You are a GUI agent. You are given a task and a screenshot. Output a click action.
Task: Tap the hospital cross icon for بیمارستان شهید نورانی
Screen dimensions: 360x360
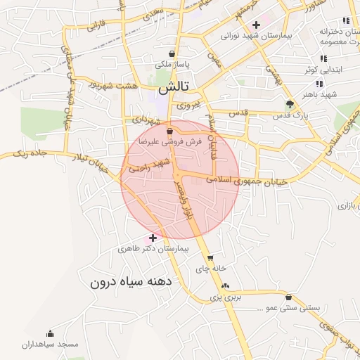[256, 25]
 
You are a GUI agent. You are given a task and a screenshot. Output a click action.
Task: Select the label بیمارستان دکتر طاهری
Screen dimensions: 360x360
[154, 250]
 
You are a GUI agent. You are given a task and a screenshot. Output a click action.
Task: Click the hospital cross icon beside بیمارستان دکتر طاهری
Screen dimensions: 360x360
[153, 238]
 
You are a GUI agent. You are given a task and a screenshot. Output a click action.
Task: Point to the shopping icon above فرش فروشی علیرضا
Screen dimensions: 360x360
[169, 131]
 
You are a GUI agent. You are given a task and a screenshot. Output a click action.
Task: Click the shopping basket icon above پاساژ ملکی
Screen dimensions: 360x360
[172, 53]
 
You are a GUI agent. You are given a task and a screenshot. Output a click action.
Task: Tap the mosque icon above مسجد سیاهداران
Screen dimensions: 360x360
[50, 333]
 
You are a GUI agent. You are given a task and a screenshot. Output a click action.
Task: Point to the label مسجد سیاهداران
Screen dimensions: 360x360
[50, 345]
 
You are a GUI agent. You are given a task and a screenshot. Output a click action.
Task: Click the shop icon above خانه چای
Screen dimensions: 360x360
[210, 258]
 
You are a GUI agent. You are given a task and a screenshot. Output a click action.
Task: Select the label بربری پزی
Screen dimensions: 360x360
[225, 297]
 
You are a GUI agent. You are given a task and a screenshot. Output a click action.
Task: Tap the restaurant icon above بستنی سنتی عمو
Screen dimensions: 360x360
[289, 297]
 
